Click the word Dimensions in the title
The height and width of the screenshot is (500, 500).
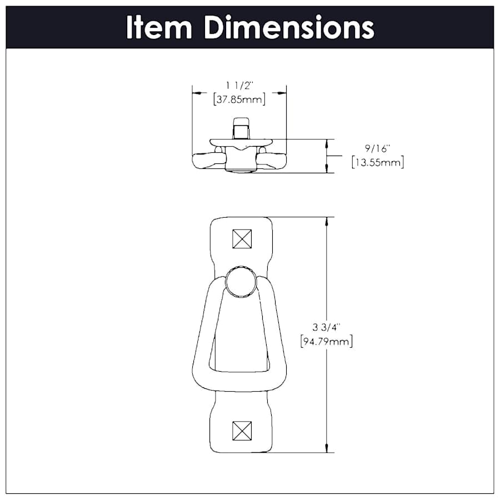click(x=288, y=27)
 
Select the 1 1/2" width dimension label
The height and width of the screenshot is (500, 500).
click(x=239, y=85)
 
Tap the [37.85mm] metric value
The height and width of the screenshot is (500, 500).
click(x=239, y=99)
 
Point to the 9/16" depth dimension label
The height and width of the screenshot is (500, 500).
click(x=378, y=148)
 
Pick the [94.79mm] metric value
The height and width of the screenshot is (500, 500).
click(x=327, y=341)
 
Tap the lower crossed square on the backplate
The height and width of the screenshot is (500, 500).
click(x=242, y=430)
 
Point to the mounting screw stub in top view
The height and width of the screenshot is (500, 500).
click(x=241, y=129)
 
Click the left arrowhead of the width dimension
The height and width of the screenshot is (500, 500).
click(x=196, y=93)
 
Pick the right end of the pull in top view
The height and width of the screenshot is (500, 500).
click(x=276, y=161)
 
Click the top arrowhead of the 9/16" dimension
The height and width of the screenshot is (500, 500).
click(x=326, y=143)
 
